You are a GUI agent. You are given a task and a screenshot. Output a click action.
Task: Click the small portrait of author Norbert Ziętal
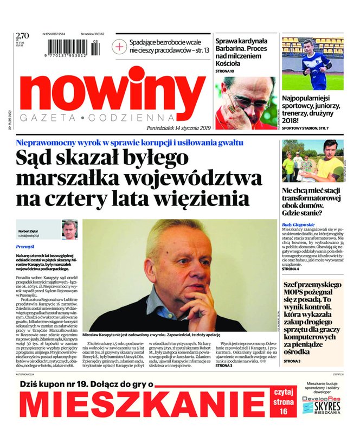[x=69, y=229]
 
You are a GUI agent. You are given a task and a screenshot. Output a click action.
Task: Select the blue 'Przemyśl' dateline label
[x=25, y=247]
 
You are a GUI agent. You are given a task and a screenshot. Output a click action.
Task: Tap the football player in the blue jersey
[x=309, y=63]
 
